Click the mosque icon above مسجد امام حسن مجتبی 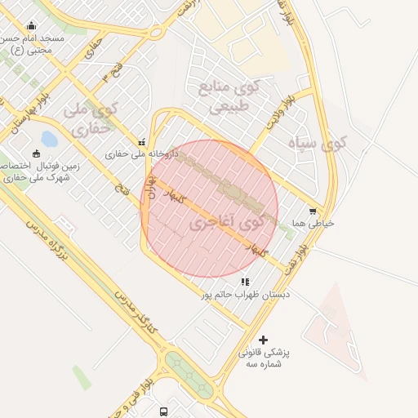pos(31,26)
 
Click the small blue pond pos(49,139)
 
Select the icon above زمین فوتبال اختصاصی pos(35,153)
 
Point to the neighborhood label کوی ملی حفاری pos(91,118)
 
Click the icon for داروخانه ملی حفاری pos(143,141)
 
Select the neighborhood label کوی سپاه pos(318,144)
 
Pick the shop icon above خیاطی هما pos(313,211)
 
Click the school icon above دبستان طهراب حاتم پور pos(246,282)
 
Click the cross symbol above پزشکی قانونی pos(263,340)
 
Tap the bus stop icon pos(164,411)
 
